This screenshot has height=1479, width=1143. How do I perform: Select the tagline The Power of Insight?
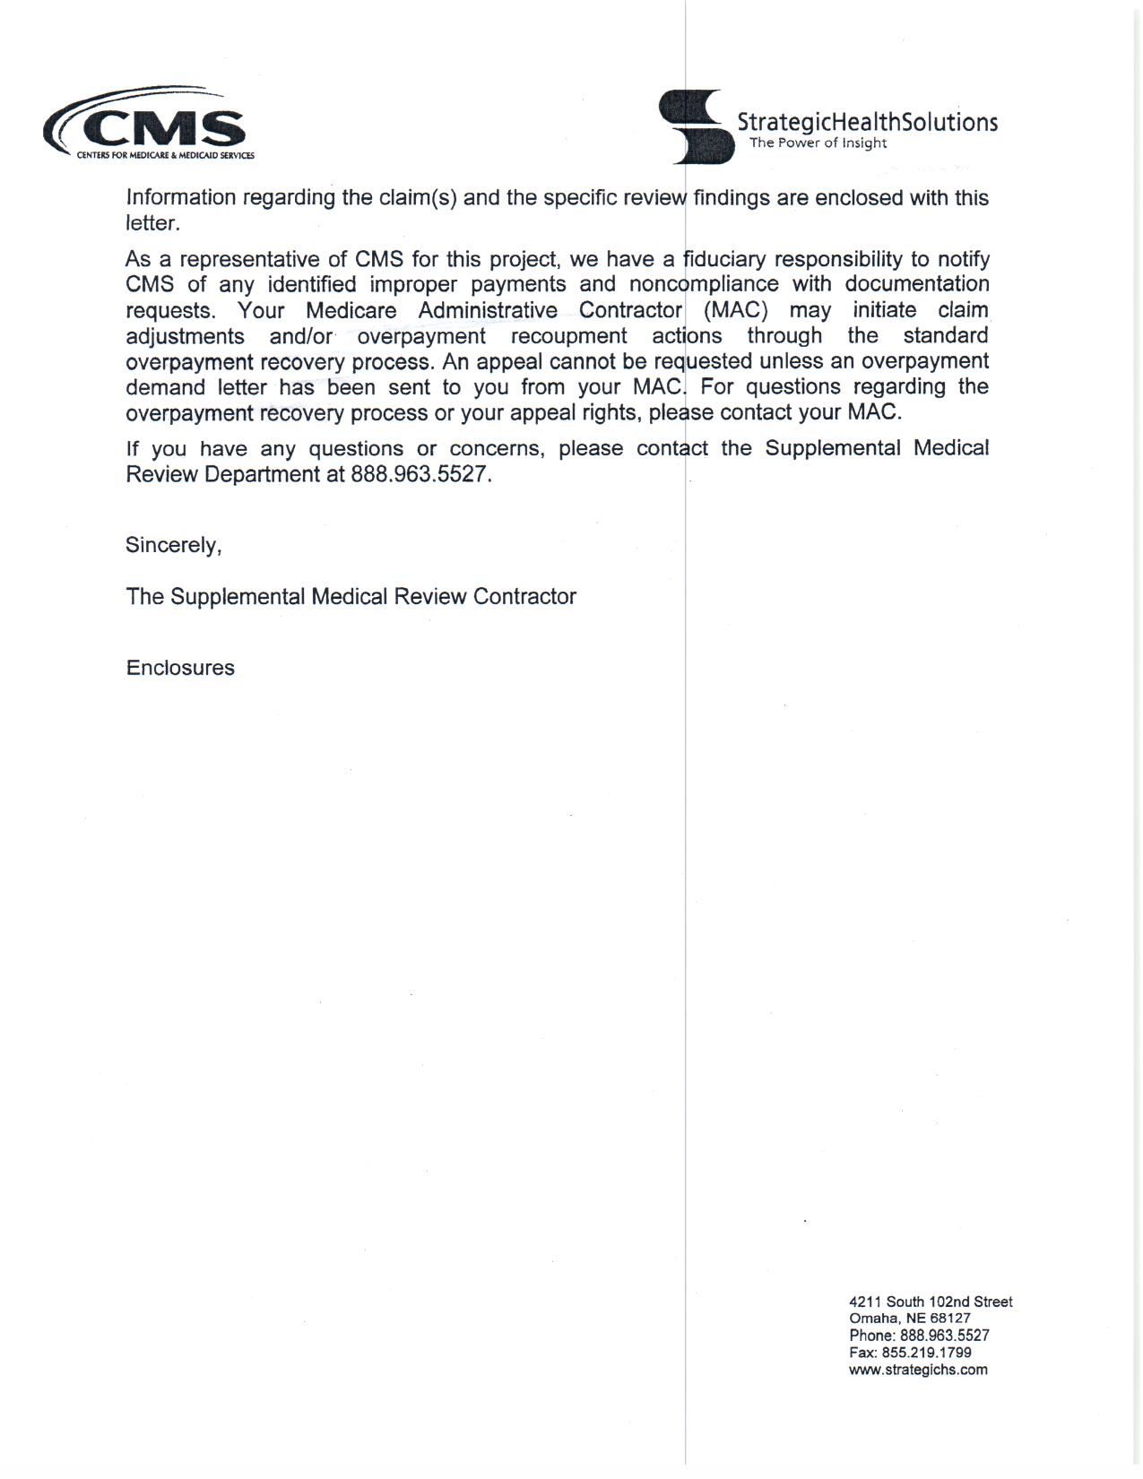pos(818,143)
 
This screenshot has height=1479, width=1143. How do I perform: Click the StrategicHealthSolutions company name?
pos(866,122)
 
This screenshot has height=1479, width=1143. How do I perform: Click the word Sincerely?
pos(173,545)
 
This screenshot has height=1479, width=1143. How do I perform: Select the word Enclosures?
pos(180,668)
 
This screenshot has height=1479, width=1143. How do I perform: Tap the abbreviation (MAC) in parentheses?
pos(736,310)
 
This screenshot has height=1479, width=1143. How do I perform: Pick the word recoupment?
pos(568,336)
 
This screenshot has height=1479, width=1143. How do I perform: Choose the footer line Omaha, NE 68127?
pos(909,1319)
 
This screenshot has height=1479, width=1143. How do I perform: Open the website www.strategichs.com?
pos(918,1370)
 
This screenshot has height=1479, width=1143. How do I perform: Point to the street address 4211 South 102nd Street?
pos(931,1302)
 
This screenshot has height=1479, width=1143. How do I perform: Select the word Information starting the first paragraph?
pos(181,197)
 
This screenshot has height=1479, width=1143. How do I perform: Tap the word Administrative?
pos(488,310)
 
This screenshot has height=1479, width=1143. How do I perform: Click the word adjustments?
pos(185,336)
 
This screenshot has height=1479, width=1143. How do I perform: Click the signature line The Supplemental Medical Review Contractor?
pos(351,597)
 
